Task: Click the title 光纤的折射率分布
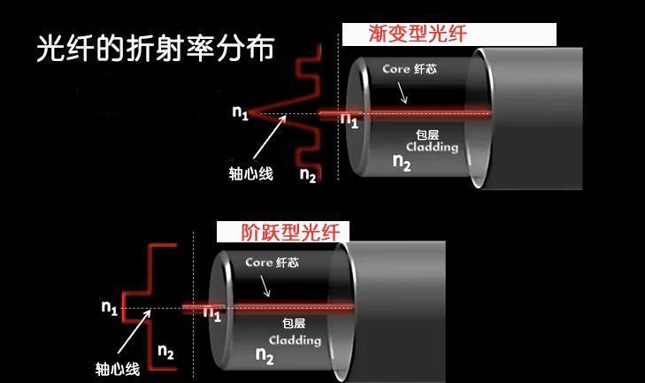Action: click(x=155, y=48)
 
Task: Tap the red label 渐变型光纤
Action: click(x=417, y=34)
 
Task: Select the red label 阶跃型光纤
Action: click(x=282, y=232)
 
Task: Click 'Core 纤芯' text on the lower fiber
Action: click(x=272, y=263)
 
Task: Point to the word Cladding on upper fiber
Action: click(x=432, y=147)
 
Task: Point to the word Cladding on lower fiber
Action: click(x=295, y=341)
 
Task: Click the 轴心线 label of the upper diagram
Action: click(x=250, y=174)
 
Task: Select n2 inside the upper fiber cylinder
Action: click(x=402, y=162)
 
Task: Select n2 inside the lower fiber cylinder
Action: click(x=265, y=356)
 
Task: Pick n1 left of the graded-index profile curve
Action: click(x=240, y=111)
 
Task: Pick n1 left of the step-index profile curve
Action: click(x=109, y=308)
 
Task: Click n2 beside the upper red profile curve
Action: click(x=308, y=174)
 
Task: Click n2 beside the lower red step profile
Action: click(x=165, y=352)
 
